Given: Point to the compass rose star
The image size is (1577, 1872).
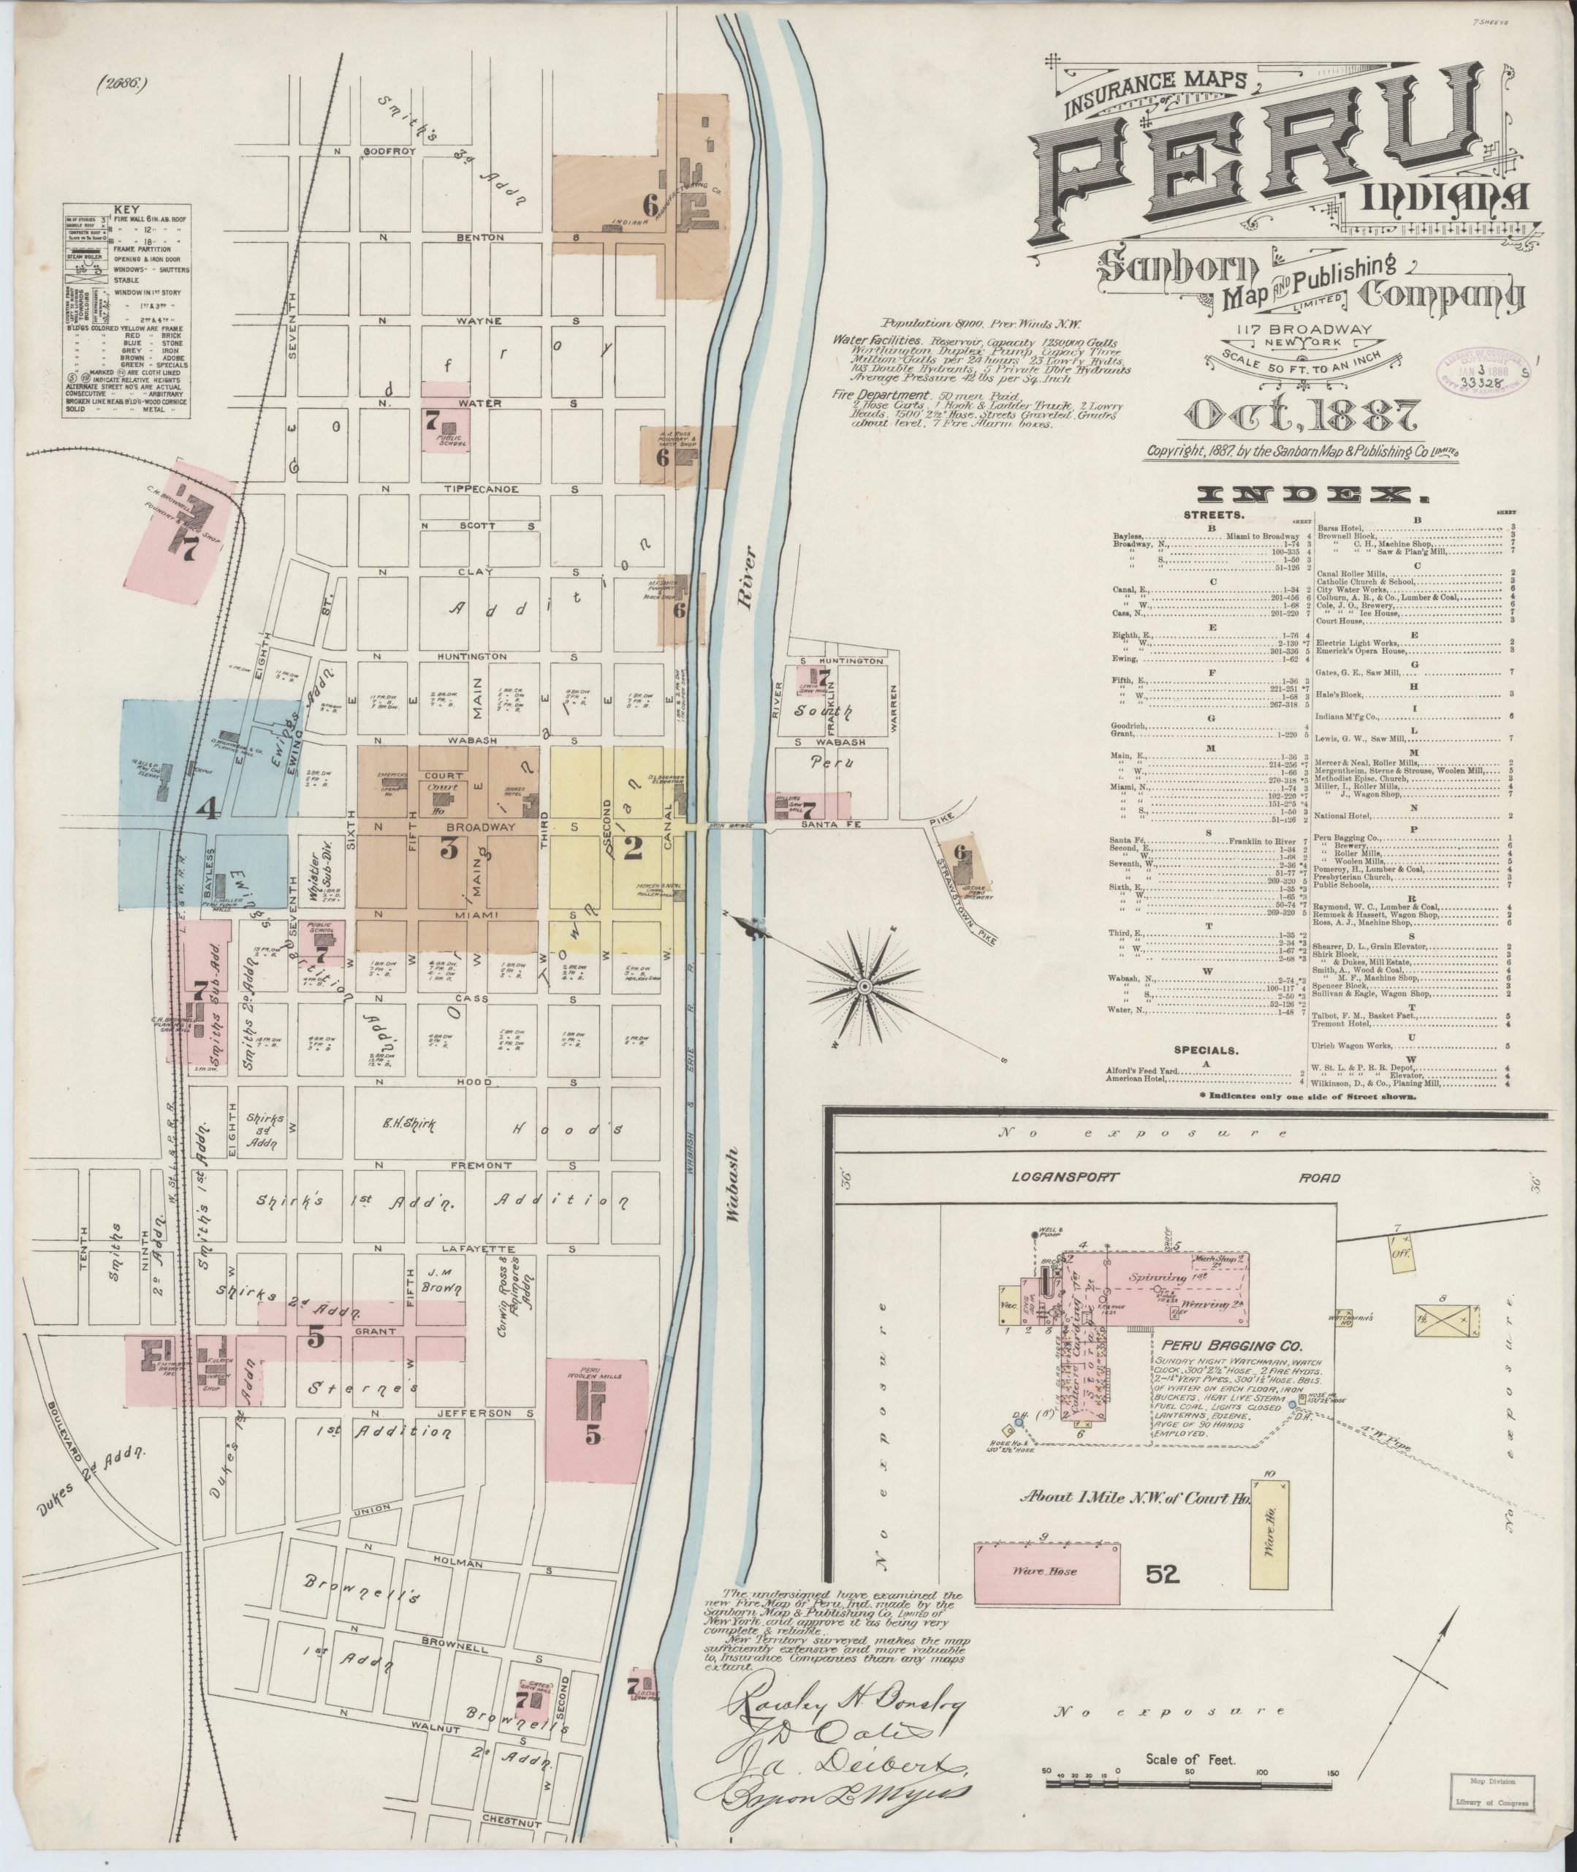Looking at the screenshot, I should click(864, 986).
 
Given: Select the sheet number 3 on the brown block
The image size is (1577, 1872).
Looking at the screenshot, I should click(449, 849).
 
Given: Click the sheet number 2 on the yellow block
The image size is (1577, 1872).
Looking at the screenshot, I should click(632, 849).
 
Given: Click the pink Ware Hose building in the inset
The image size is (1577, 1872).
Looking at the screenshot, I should click(1046, 1571).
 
